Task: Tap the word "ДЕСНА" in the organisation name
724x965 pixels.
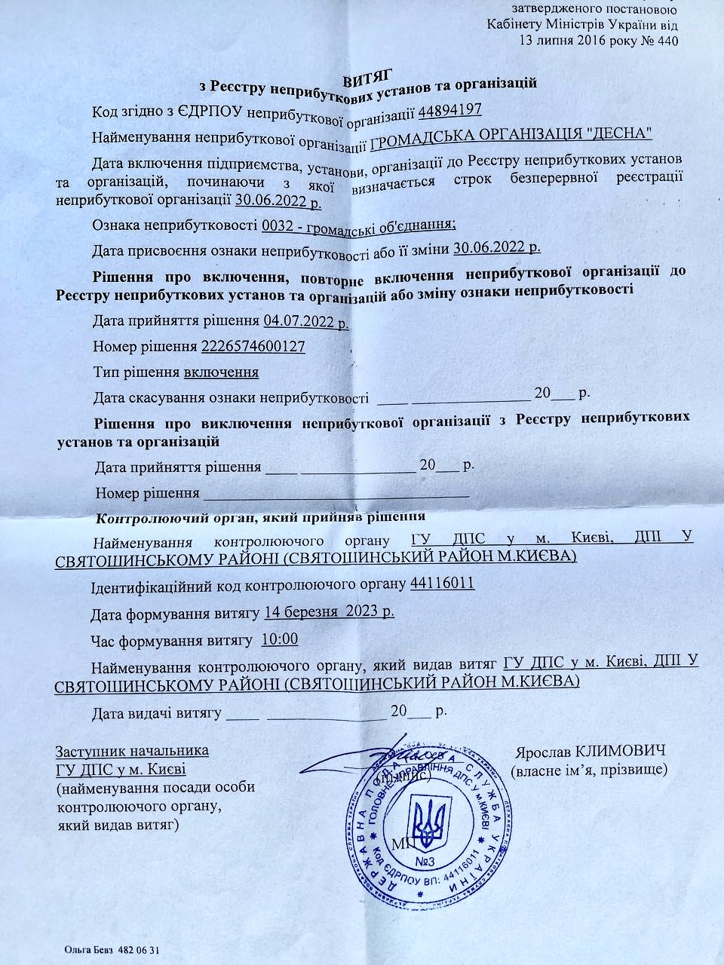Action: click(x=619, y=134)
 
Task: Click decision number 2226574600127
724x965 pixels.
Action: click(x=253, y=346)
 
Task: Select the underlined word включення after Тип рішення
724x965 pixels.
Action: click(x=222, y=372)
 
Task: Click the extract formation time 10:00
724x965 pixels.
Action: click(x=279, y=640)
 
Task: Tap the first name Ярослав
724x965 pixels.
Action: click(x=543, y=752)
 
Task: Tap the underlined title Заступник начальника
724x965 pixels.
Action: click(x=132, y=751)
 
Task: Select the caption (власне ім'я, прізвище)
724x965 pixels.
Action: click(x=589, y=770)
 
